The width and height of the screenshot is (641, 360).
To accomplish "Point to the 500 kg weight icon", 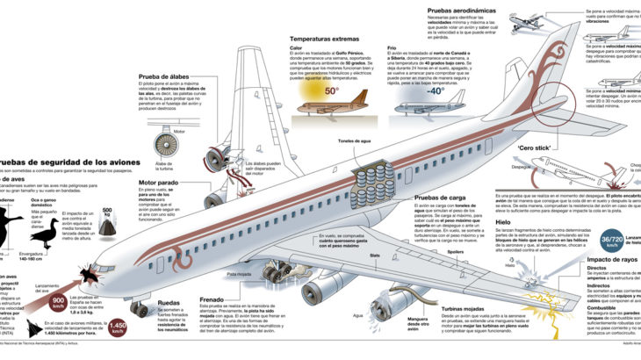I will coord(108,225).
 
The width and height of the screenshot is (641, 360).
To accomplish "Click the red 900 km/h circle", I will coord(58,304).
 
